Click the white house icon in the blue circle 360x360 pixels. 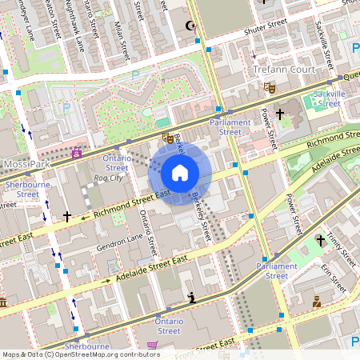180,173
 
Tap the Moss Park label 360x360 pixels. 26,164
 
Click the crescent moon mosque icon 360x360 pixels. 190,27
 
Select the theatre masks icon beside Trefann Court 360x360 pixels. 270,86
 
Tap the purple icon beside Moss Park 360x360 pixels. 77,151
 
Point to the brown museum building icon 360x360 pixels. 2,304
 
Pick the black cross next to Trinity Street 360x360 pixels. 321,239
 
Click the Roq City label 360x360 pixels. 108,178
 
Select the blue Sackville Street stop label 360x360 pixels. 329,98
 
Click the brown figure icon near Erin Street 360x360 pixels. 317,302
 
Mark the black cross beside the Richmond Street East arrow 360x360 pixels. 67,216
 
